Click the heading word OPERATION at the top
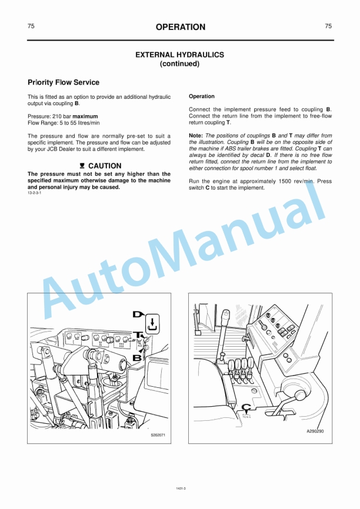click(x=181, y=27)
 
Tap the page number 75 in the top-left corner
click(x=31, y=26)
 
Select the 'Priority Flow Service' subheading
click(x=64, y=82)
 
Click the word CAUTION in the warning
click(x=105, y=166)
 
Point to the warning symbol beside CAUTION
click(x=82, y=166)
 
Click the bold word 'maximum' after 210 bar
click(x=85, y=116)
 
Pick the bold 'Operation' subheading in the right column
click(x=202, y=96)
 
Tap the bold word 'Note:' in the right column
click(x=196, y=135)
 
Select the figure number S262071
click(x=158, y=435)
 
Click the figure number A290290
click(x=315, y=431)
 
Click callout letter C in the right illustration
click(x=247, y=407)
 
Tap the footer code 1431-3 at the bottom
click(x=181, y=487)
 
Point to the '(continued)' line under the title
click(x=180, y=63)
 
